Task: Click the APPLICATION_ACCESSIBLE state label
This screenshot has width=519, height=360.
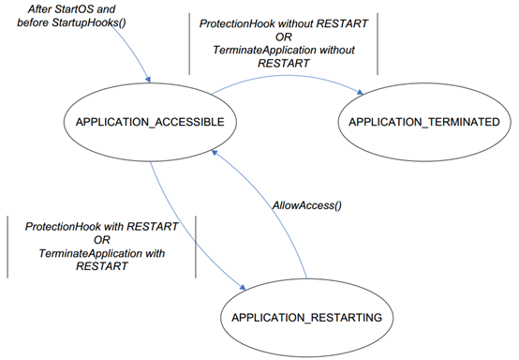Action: (134, 123)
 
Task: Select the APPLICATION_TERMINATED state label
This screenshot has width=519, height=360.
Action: (417, 123)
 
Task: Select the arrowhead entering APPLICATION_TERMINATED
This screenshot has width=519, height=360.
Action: (360, 92)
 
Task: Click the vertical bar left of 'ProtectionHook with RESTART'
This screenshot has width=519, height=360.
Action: (9, 247)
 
